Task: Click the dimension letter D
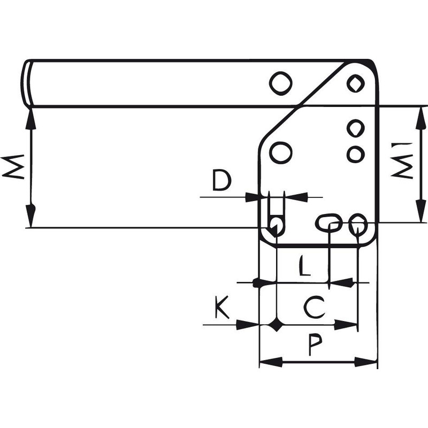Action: coord(221,180)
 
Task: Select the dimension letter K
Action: coord(222,307)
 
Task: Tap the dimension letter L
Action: coord(304,265)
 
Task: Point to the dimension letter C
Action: coord(315,307)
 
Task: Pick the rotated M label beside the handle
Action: coord(12,167)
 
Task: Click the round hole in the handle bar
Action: coord(280,83)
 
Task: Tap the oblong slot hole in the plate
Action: coord(329,222)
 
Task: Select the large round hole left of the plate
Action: coord(280,152)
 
